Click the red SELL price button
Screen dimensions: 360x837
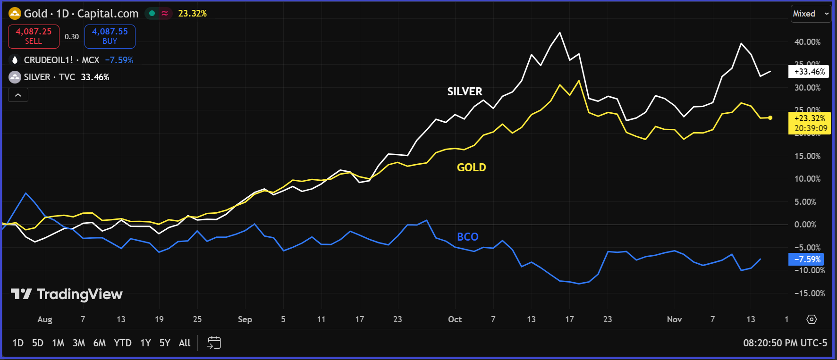point(34,36)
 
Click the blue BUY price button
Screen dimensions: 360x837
point(110,36)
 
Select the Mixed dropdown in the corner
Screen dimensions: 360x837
point(811,14)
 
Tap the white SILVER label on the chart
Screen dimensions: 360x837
point(465,92)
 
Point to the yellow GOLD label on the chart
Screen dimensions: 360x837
point(471,167)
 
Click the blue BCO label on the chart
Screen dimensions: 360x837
point(467,237)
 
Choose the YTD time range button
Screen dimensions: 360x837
point(123,343)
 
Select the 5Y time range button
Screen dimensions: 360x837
point(164,343)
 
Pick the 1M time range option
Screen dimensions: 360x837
point(58,343)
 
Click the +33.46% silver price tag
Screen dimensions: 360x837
point(809,72)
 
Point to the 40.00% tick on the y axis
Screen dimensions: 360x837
point(807,42)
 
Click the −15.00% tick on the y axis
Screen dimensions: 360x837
point(809,293)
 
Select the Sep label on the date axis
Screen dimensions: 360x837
point(245,319)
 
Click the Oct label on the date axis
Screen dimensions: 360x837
point(455,319)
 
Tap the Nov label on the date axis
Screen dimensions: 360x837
point(674,319)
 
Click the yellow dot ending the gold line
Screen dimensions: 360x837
point(770,117)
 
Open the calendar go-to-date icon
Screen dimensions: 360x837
point(214,343)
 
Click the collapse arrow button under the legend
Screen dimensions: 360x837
point(18,95)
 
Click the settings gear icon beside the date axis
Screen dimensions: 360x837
point(812,319)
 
